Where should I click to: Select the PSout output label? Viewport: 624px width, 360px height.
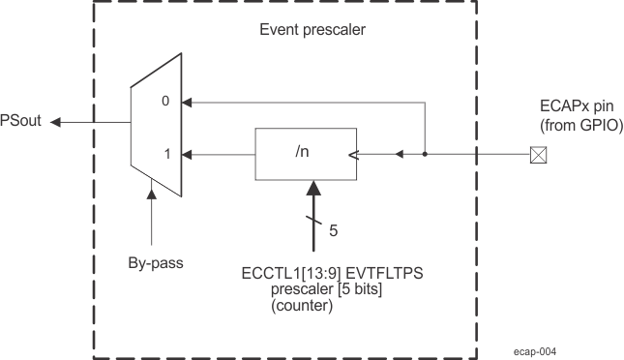tap(21, 121)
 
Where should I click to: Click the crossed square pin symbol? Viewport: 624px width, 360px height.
tap(535, 153)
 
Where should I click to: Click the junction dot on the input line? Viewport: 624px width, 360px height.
tap(424, 153)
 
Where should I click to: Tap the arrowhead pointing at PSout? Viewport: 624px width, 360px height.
tap(56, 122)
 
